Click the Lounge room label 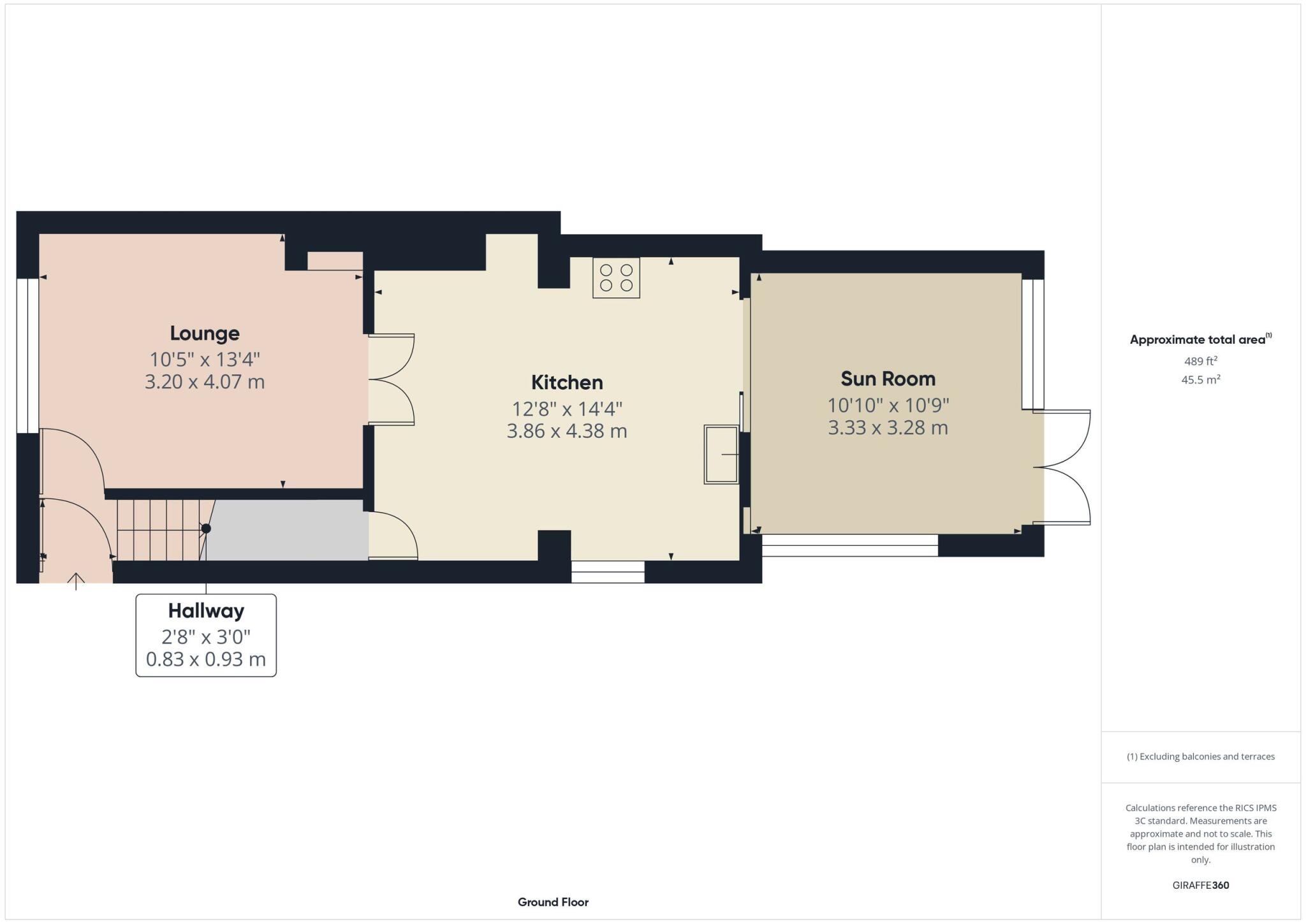pyautogui.click(x=205, y=333)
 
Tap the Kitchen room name pyautogui.click(x=567, y=382)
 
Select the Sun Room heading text pyautogui.click(x=888, y=379)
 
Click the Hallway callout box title pyautogui.click(x=206, y=611)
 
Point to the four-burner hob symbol pyautogui.click(x=616, y=277)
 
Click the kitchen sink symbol pyautogui.click(x=721, y=454)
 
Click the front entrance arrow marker pyautogui.click(x=76, y=580)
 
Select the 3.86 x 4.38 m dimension pyautogui.click(x=567, y=431)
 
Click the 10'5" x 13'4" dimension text pyautogui.click(x=205, y=360)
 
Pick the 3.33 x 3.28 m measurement pyautogui.click(x=888, y=427)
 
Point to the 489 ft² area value pyautogui.click(x=1200, y=361)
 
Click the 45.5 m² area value pyautogui.click(x=1200, y=379)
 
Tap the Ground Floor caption pyautogui.click(x=553, y=902)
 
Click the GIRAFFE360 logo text pyautogui.click(x=1200, y=885)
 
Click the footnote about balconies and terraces pyautogui.click(x=1200, y=756)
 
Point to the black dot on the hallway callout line pyautogui.click(x=206, y=528)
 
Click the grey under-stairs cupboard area pyautogui.click(x=287, y=529)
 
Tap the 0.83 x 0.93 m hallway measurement pyautogui.click(x=206, y=659)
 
